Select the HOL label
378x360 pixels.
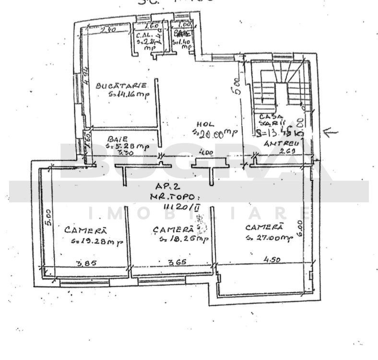point(203,123)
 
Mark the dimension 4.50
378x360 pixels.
point(272,260)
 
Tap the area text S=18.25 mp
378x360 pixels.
point(183,239)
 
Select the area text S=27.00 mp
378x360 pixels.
point(268,237)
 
